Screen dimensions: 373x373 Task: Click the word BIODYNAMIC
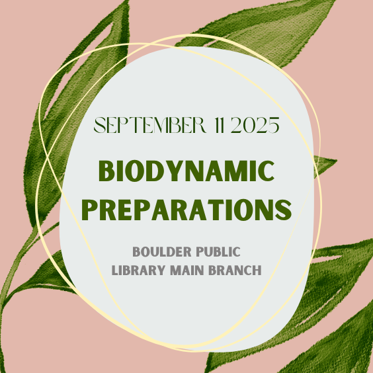(186, 171)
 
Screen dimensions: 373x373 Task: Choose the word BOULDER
(159, 252)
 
